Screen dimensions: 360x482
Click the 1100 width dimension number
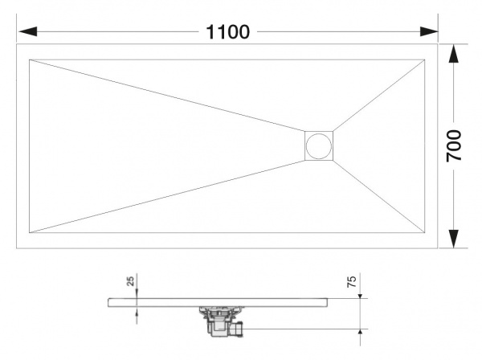coord(228,32)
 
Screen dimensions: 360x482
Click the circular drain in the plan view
coord(318,145)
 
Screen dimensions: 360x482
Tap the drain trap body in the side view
coord(217,319)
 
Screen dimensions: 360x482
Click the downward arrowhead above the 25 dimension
coord(137,294)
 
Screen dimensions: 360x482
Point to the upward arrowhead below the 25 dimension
coord(137,309)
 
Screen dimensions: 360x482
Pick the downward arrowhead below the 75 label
coord(358,294)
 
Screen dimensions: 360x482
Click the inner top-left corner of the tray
coord(29,59)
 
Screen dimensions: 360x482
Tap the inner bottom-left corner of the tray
coord(29,234)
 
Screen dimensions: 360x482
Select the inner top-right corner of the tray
coord(425,59)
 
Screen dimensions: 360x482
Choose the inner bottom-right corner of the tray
coord(425,234)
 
